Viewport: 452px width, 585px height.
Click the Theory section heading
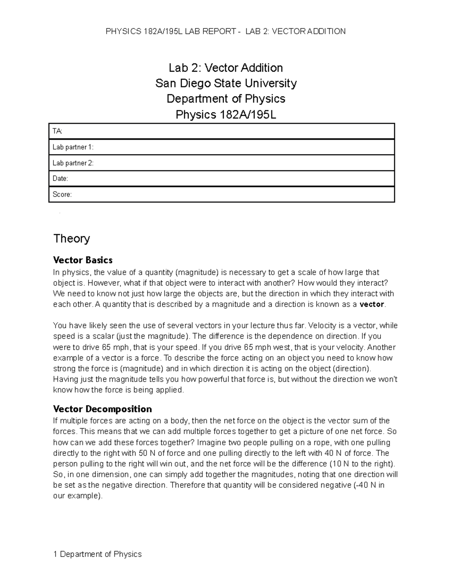click(x=72, y=238)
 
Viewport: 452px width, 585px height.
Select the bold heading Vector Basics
click(x=83, y=260)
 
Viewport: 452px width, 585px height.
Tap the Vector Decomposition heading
click(x=102, y=409)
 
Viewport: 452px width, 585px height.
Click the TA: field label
click(x=58, y=131)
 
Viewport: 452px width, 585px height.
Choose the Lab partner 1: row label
click(x=73, y=147)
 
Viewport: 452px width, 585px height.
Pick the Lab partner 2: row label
click(x=73, y=163)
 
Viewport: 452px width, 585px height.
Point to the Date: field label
click(x=60, y=179)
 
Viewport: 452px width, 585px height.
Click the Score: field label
click(x=62, y=194)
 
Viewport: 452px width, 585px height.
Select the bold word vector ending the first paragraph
click(x=372, y=304)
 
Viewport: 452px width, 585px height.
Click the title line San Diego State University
click(x=226, y=83)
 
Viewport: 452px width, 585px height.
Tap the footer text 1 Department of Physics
click(x=98, y=554)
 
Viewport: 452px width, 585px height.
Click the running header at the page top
click(x=226, y=31)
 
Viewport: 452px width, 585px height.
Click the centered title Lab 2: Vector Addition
click(x=226, y=68)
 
